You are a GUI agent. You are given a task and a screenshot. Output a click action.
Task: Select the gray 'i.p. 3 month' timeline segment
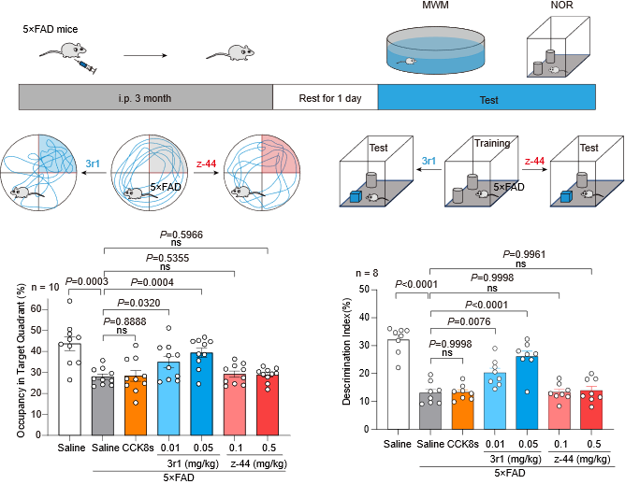point(145,98)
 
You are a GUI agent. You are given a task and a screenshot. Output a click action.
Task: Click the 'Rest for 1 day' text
point(325,98)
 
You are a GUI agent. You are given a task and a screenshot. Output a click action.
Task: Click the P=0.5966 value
point(182,235)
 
